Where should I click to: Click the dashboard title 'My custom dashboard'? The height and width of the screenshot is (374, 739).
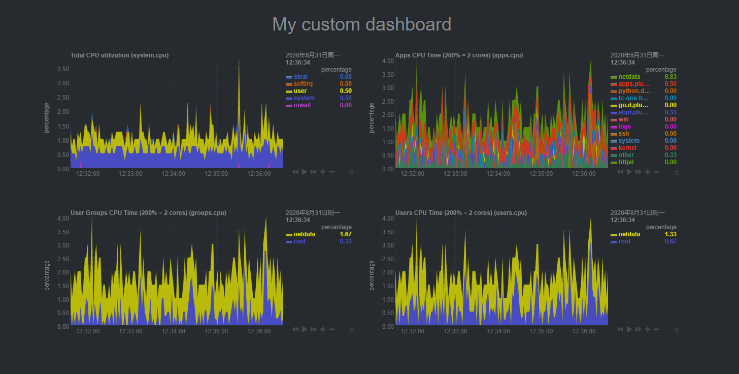point(361,24)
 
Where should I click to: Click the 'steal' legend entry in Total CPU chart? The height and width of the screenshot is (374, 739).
point(300,77)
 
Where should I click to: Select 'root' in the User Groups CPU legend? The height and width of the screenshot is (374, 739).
point(299,241)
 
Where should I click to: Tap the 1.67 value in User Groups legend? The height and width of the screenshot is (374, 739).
point(346,234)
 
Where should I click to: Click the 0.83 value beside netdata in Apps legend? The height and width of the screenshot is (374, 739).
point(670,77)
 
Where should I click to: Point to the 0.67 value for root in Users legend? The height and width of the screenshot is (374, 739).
point(670,241)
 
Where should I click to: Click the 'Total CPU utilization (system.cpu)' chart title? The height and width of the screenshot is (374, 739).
point(119,55)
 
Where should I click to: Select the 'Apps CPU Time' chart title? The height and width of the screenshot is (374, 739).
point(459,55)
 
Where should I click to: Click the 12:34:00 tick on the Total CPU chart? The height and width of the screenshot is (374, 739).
point(174,174)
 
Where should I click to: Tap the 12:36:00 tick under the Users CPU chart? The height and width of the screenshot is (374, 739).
point(584,331)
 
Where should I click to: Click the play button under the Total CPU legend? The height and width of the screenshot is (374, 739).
point(304,172)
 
